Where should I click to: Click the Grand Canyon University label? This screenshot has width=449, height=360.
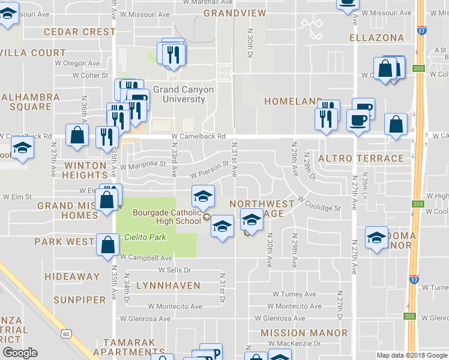(183, 94)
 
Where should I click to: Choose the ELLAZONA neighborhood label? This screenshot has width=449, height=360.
(377, 38)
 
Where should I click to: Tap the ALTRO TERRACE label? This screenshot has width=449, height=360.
(361, 158)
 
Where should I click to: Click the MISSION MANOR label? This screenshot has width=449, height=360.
(304, 332)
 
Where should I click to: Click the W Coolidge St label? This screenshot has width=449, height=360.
(318, 203)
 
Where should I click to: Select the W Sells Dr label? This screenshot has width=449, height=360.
(174, 270)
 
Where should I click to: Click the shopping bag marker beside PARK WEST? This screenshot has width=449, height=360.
(107, 245)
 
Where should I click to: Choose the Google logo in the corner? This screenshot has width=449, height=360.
(20, 353)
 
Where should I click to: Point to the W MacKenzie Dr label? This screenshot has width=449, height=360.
(294, 343)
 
